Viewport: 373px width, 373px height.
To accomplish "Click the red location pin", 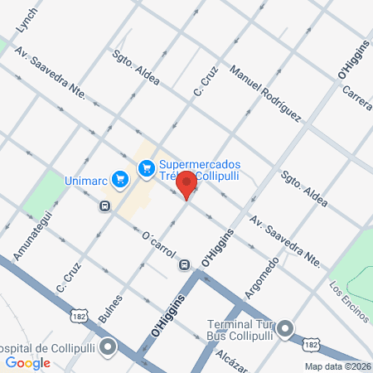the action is [x=187, y=185].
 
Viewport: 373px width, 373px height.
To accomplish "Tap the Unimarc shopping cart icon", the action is [x=121, y=178].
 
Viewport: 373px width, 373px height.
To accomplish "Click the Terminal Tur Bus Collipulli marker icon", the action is [x=287, y=330].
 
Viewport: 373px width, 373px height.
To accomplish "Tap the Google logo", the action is [x=28, y=362].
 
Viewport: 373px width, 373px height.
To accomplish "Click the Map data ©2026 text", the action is [x=336, y=366].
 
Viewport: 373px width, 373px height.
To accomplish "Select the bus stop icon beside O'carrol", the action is [x=182, y=264].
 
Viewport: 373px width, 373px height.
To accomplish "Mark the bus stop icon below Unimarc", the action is [x=104, y=206].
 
